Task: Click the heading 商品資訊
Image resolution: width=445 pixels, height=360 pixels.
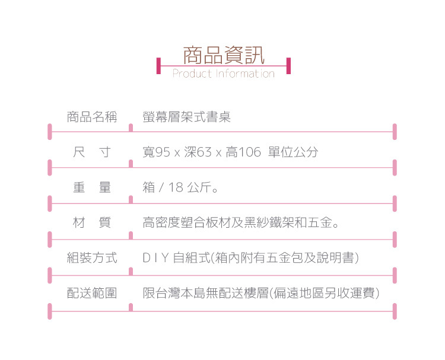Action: coord(223,55)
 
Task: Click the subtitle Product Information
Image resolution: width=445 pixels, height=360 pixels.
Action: coord(223,74)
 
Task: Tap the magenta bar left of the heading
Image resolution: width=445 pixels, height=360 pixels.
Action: coord(158,65)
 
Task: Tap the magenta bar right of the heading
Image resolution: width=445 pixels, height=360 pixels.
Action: coord(288,65)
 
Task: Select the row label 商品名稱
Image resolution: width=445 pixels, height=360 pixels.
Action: coord(92,117)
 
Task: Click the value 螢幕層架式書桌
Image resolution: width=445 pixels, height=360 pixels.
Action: coord(187,117)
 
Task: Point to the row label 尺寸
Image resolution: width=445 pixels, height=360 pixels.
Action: coord(92,152)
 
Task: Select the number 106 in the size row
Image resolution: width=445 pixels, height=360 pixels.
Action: coord(250,152)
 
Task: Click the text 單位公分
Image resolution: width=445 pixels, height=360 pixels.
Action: coord(293,152)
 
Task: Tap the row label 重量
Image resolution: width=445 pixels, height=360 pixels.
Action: coord(92,188)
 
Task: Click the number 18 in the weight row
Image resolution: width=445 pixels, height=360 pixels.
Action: coord(176,189)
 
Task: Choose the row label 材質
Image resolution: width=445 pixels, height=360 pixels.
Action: coord(92,224)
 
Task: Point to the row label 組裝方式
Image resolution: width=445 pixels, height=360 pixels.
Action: coord(92,259)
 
